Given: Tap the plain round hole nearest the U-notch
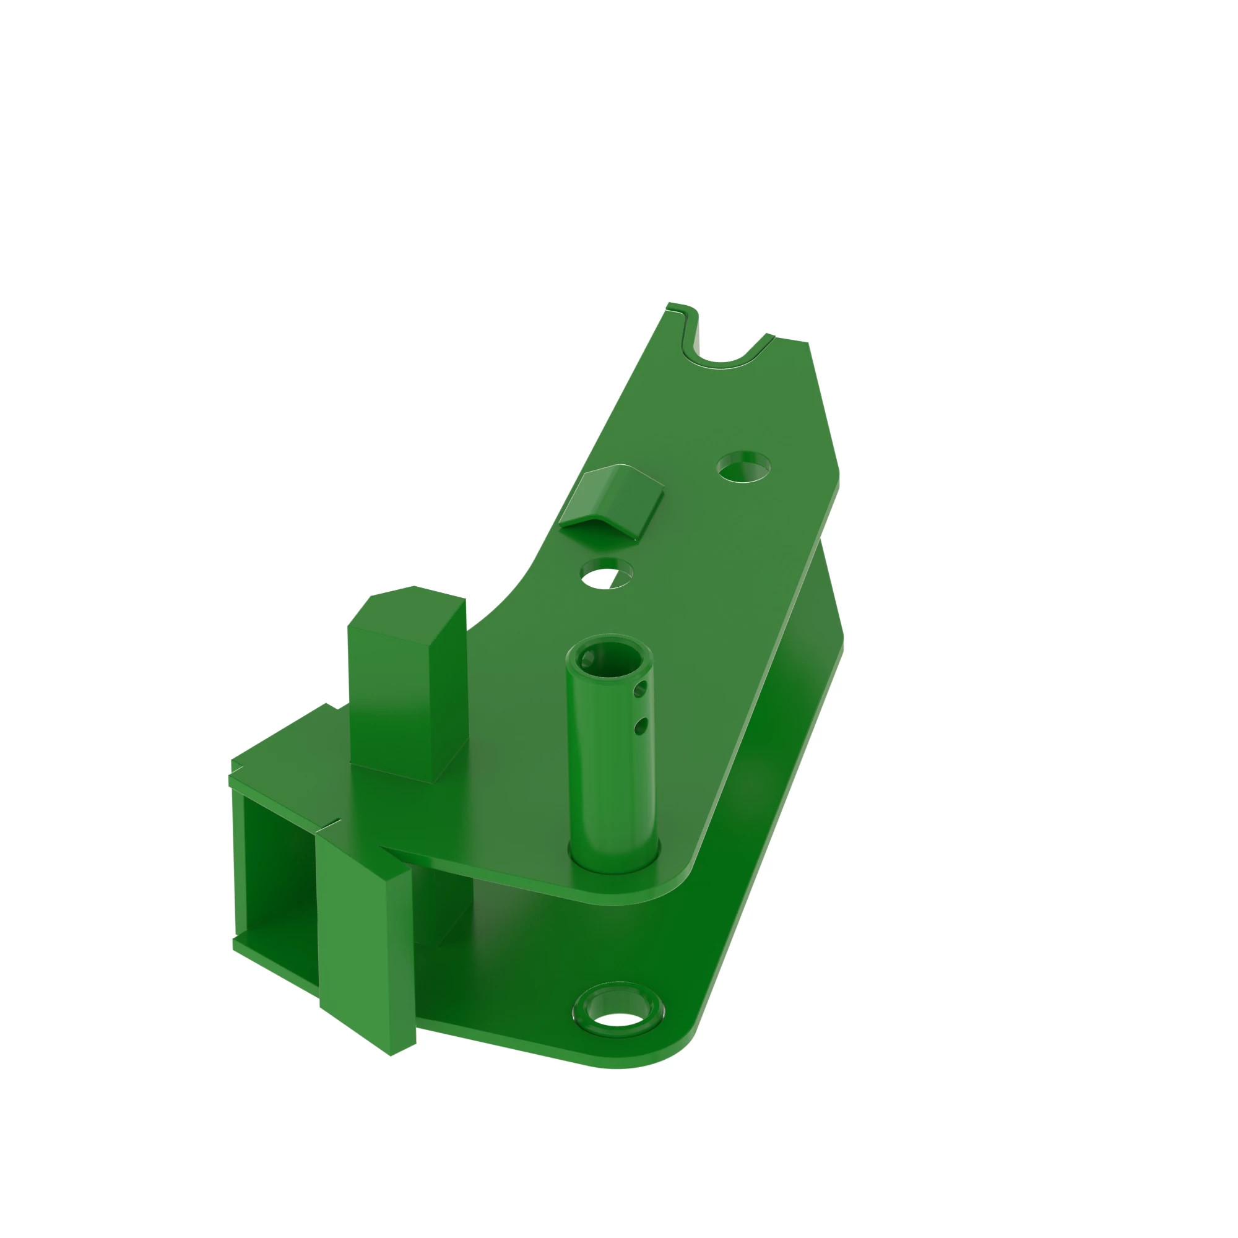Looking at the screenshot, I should point(743,467).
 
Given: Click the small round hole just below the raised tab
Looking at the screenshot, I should point(606,572).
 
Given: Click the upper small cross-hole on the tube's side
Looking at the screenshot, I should point(639,691).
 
